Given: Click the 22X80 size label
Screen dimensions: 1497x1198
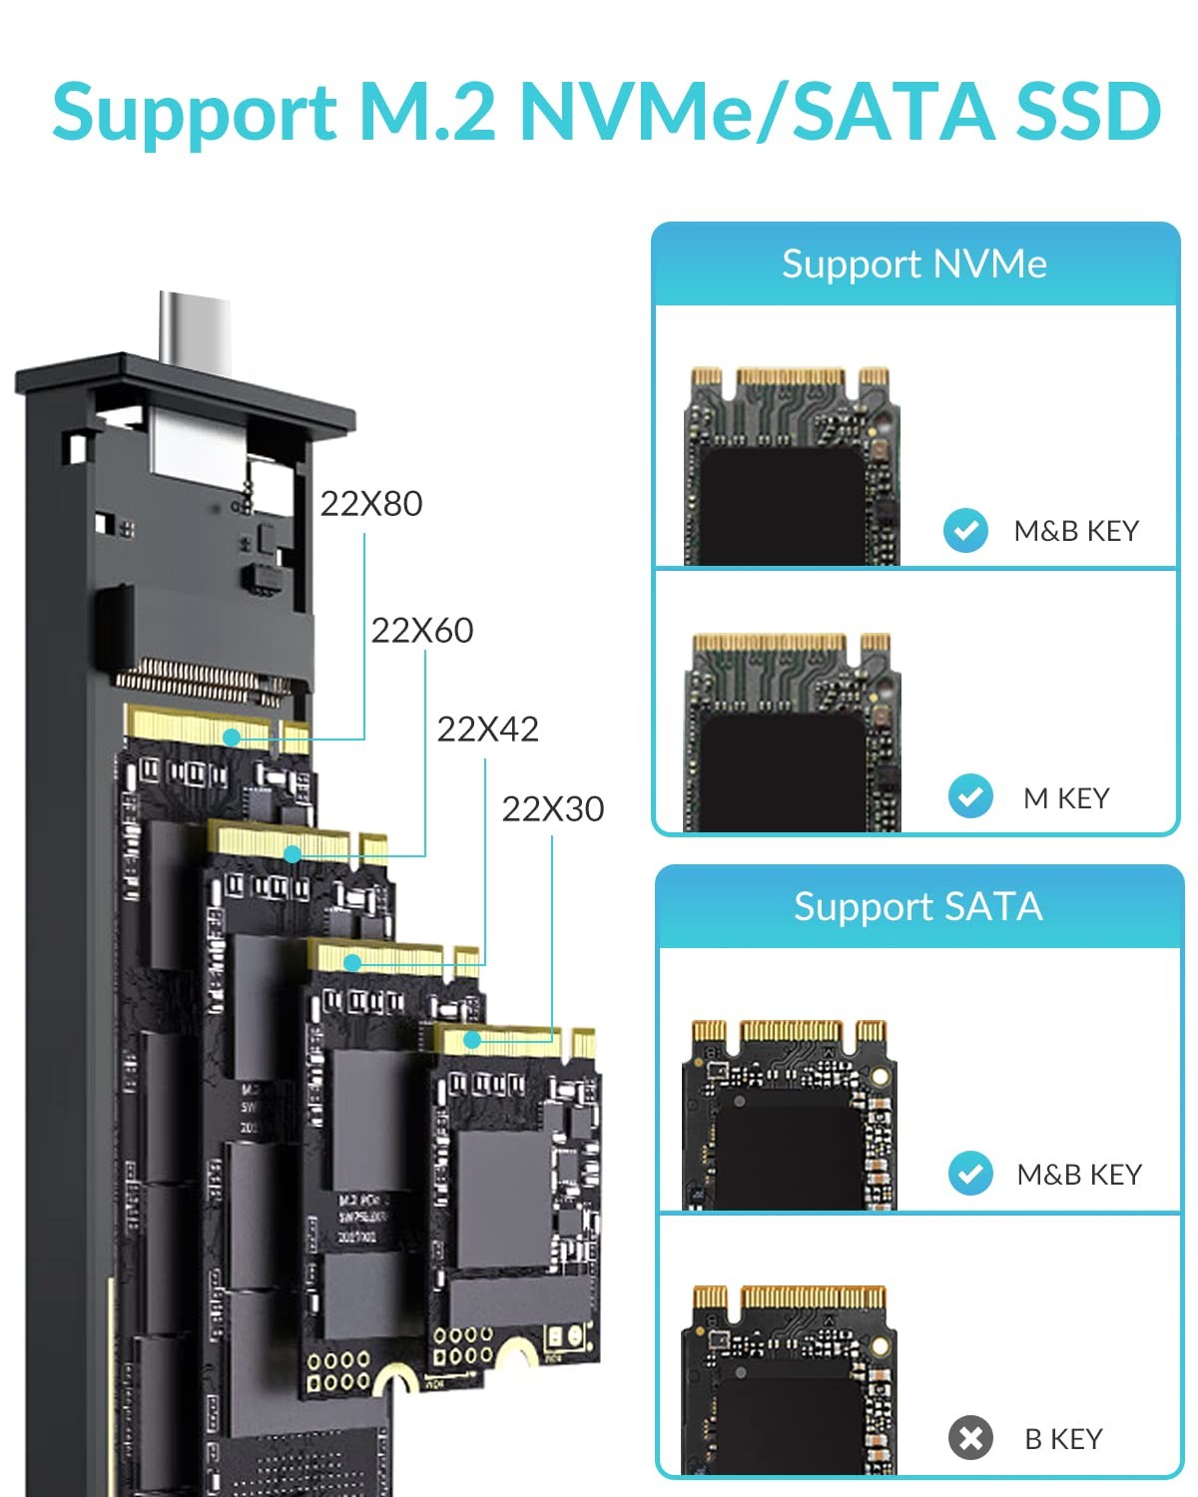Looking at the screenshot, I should [x=371, y=504].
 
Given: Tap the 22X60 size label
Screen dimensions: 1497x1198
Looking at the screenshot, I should [x=422, y=631].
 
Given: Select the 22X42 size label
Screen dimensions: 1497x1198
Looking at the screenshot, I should [x=488, y=730].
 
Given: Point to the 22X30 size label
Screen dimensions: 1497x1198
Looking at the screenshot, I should [x=553, y=809].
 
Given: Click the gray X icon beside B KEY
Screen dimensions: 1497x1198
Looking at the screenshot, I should [x=970, y=1438].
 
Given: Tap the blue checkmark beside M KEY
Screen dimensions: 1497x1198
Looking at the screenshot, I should [x=970, y=796].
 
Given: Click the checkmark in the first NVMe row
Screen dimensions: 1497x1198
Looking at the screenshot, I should [x=965, y=530].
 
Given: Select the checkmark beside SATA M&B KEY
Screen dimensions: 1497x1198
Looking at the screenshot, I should [x=970, y=1174].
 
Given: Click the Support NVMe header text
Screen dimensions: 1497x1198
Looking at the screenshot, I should [x=914, y=264].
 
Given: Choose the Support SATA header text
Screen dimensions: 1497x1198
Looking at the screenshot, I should [x=918, y=907].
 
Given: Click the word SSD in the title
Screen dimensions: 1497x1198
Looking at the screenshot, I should [x=1088, y=112].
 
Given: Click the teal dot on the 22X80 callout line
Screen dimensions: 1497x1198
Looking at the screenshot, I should [x=232, y=738].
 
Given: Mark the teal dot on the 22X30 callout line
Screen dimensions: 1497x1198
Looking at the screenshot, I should [x=472, y=1040].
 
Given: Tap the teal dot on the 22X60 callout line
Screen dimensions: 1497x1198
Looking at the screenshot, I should [x=293, y=854].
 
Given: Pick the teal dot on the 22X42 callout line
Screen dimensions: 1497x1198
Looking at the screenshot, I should [x=352, y=963].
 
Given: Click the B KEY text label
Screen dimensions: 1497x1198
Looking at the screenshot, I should [x=1063, y=1439].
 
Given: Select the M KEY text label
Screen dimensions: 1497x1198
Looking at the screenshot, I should [x=1066, y=798].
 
